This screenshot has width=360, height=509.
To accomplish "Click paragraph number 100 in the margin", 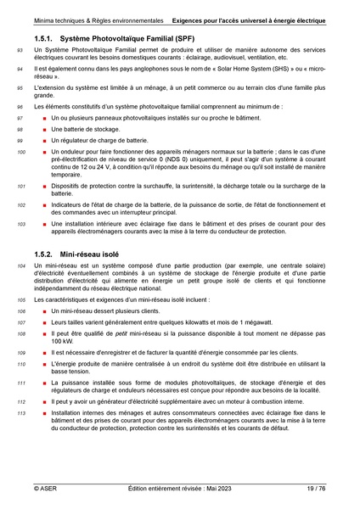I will point(21,153).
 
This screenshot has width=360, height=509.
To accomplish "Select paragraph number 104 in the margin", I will point(21,266).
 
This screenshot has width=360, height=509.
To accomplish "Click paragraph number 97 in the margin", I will point(20,118).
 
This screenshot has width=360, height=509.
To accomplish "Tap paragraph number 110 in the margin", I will point(21,363).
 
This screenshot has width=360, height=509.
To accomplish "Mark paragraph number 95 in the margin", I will point(20,87).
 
